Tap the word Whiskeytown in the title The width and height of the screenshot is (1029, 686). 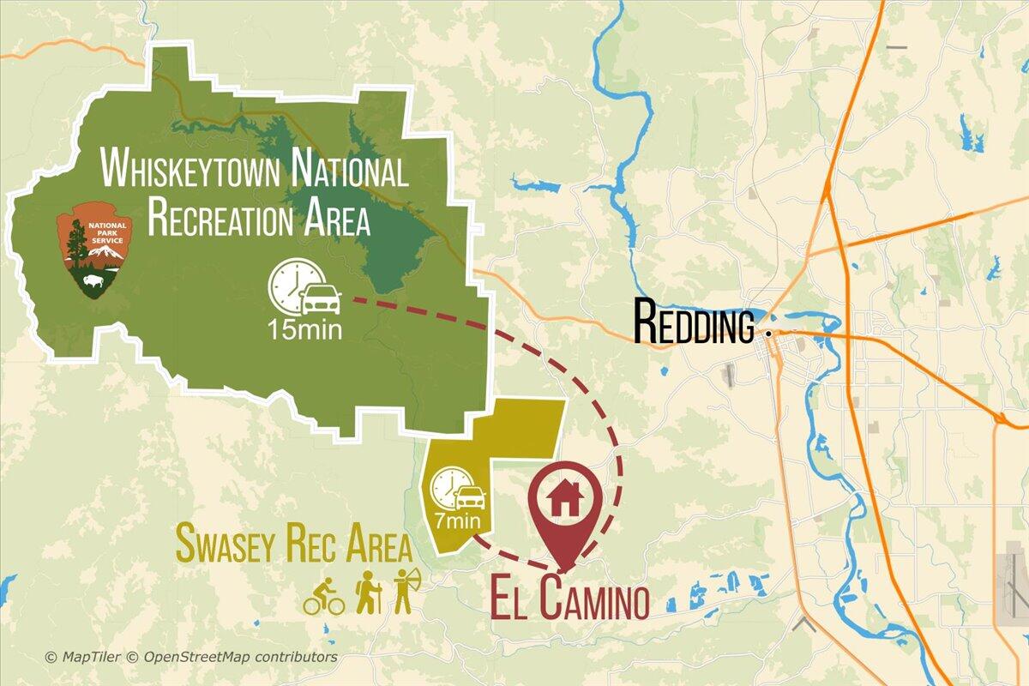(190, 169)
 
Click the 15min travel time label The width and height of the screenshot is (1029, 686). (304, 329)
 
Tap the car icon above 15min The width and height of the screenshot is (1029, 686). (322, 298)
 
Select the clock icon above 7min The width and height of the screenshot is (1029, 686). (447, 486)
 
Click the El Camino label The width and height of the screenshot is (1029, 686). (569, 599)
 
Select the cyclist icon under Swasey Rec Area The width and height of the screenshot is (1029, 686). (323, 597)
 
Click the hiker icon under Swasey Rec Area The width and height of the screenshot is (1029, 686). (368, 593)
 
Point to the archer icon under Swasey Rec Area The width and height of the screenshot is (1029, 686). (404, 592)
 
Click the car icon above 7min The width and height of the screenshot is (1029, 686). (470, 497)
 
